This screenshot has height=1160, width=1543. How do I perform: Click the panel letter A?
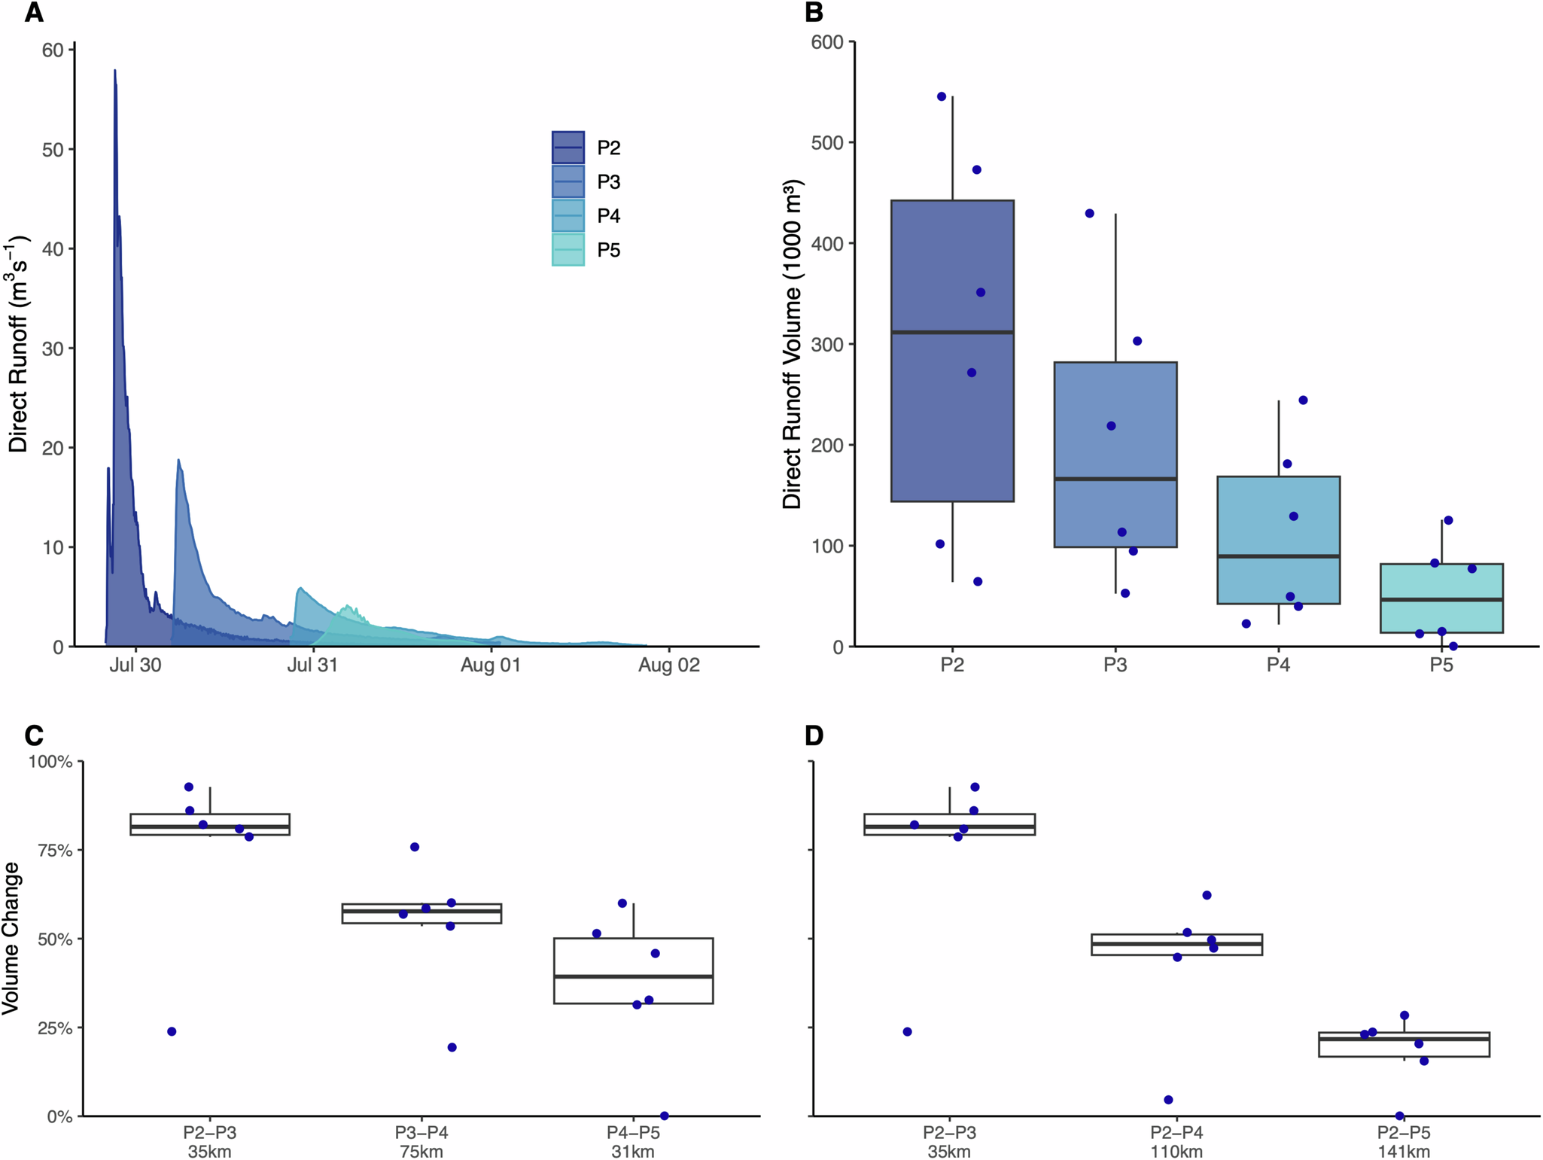pyautogui.click(x=34, y=13)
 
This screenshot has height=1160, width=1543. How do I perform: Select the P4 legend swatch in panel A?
pyautogui.click(x=568, y=215)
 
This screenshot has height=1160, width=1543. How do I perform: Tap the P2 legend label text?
pyautogui.click(x=608, y=148)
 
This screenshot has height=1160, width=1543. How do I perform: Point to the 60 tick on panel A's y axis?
pyautogui.click(x=53, y=50)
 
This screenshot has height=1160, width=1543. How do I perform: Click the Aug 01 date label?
pyautogui.click(x=490, y=665)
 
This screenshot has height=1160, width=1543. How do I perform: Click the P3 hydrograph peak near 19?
pyautogui.click(x=178, y=460)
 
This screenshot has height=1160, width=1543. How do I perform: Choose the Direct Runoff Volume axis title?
pyautogui.click(x=792, y=344)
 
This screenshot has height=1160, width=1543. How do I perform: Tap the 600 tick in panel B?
pyautogui.click(x=826, y=42)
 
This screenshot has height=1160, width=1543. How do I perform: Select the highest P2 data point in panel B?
pyautogui.click(x=942, y=96)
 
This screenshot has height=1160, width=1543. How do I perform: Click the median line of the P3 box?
pyautogui.click(x=1115, y=479)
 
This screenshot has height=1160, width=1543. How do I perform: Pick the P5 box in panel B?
pyautogui.click(x=1441, y=598)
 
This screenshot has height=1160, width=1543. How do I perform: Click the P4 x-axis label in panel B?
pyautogui.click(x=1277, y=665)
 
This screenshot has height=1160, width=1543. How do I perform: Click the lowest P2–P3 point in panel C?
pyautogui.click(x=172, y=1031)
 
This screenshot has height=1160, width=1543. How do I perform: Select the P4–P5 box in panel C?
pyautogui.click(x=633, y=970)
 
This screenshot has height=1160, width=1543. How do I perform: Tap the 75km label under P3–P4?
pyautogui.click(x=422, y=1152)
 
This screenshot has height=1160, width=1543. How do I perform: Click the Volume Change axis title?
pyautogui.click(x=11, y=939)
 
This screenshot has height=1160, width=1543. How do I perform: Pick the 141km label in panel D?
pyautogui.click(x=1403, y=1152)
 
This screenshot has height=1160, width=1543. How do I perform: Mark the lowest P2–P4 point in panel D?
pyautogui.click(x=1168, y=1100)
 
